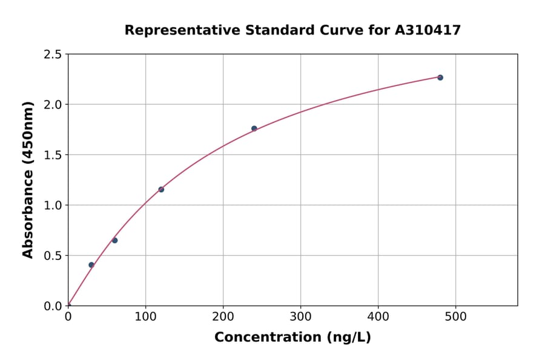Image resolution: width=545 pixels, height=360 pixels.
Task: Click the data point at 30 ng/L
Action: point(91,265)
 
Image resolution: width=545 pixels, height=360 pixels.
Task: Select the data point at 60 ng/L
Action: point(114,241)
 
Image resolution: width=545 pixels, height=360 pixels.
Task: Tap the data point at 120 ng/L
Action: point(161,190)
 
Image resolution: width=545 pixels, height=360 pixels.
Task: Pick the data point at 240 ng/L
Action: point(254,128)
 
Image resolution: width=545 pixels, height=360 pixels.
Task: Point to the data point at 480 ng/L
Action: point(440,78)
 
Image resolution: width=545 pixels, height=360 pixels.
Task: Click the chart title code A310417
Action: point(428,30)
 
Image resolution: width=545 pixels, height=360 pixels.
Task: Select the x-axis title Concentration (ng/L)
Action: point(292,337)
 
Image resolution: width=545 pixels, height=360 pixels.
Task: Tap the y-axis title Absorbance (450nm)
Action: point(28,179)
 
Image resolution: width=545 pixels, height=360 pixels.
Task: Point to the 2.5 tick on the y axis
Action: point(53,55)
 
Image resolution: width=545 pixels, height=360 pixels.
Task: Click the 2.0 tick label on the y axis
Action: point(53,105)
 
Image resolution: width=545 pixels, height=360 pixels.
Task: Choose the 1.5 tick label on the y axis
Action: point(53,155)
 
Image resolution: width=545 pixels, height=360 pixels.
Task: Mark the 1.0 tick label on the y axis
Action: point(53,205)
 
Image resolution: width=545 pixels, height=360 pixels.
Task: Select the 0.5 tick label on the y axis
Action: point(53,256)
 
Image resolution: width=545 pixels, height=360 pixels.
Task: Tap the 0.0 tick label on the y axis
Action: point(53,306)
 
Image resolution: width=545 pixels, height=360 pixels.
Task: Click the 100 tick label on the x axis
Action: point(145,316)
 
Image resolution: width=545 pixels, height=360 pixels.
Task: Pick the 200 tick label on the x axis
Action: point(223,316)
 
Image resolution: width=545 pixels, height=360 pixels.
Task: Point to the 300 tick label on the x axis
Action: point(301,316)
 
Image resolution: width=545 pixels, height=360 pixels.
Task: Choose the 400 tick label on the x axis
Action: point(378,316)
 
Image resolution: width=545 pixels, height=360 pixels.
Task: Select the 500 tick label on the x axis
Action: point(456,316)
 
